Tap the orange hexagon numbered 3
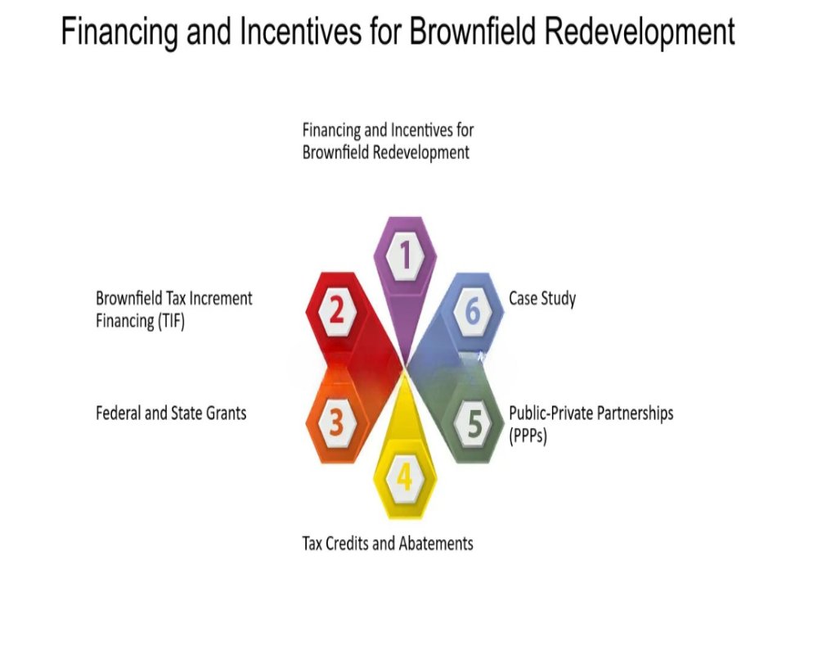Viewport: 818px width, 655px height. pyautogui.click(x=336, y=422)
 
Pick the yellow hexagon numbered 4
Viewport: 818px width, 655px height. pyautogui.click(x=405, y=477)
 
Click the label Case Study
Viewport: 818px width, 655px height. pyautogui.click(x=542, y=299)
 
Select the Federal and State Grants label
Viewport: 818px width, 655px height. pyautogui.click(x=171, y=413)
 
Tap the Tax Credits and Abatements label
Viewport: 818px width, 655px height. pyautogui.click(x=388, y=543)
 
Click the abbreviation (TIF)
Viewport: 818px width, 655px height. pyautogui.click(x=170, y=321)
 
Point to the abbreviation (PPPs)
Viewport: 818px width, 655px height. pyautogui.click(x=528, y=435)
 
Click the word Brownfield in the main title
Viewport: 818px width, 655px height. pyautogui.click(x=473, y=31)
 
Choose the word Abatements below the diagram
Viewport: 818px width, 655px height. pyautogui.click(x=436, y=543)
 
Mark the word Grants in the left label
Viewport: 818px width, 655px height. pyautogui.click(x=227, y=413)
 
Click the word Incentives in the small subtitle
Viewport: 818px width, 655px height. pyautogui.click(x=422, y=129)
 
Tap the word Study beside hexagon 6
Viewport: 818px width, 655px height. pyautogui.click(x=558, y=299)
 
